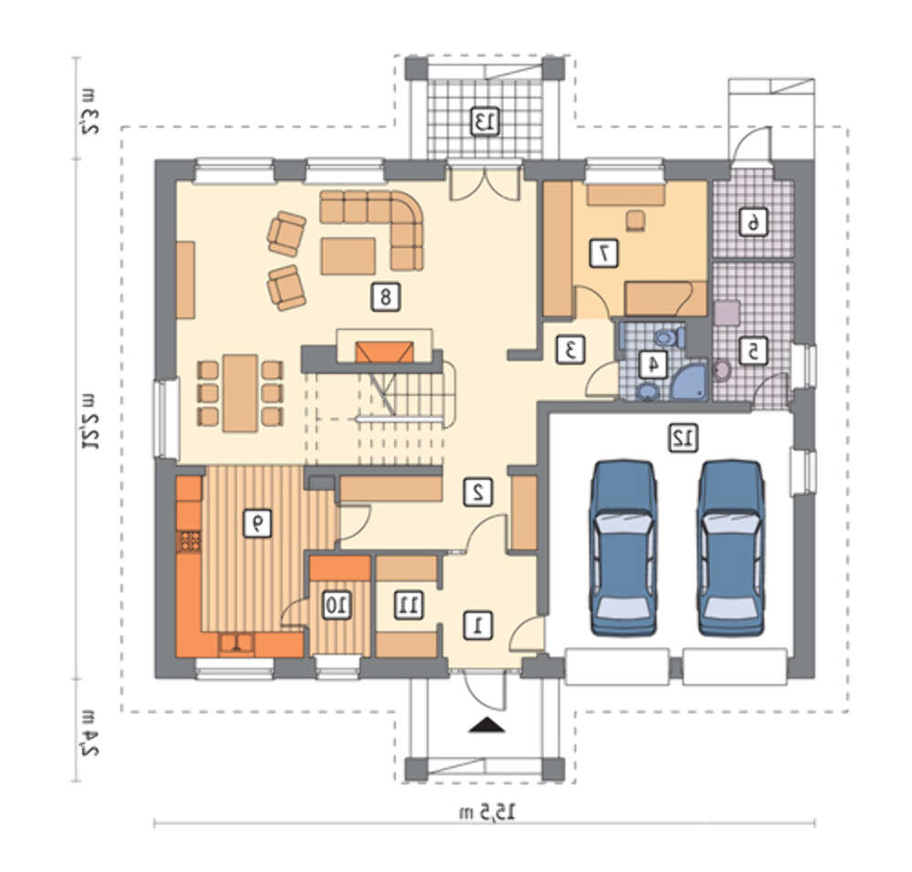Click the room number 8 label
(x=386, y=297)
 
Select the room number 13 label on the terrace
(x=484, y=121)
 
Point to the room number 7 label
(x=604, y=253)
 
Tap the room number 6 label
(x=753, y=222)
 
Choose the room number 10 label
(x=337, y=605)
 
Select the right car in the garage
(x=731, y=546)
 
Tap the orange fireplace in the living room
(x=385, y=352)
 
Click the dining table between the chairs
(x=240, y=392)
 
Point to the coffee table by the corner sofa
(x=347, y=255)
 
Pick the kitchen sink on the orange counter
(x=236, y=642)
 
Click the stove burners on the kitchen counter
(x=189, y=541)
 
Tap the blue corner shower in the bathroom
(x=689, y=380)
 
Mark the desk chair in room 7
(x=636, y=221)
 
